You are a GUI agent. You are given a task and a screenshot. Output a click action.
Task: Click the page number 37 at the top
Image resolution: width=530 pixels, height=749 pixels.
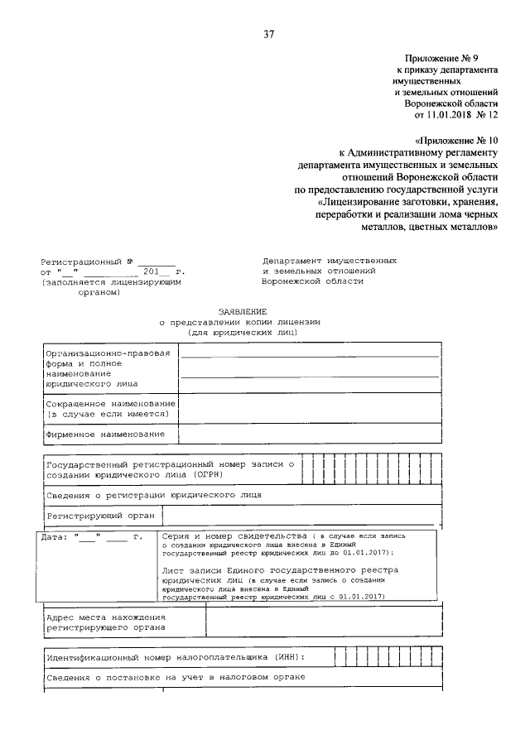pos(268,35)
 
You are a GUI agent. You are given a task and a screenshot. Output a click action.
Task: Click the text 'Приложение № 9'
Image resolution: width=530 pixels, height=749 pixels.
pos(443,59)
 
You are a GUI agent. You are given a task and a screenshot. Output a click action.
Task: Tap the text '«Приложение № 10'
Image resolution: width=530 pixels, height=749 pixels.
pos(455,141)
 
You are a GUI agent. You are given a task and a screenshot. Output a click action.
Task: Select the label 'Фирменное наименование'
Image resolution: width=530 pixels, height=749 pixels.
pos(105,434)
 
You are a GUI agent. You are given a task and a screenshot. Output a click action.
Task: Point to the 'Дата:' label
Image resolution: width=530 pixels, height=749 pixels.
pos(57,536)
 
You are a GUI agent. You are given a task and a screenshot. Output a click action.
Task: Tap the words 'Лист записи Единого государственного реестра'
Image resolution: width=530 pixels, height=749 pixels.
pos(280,570)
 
